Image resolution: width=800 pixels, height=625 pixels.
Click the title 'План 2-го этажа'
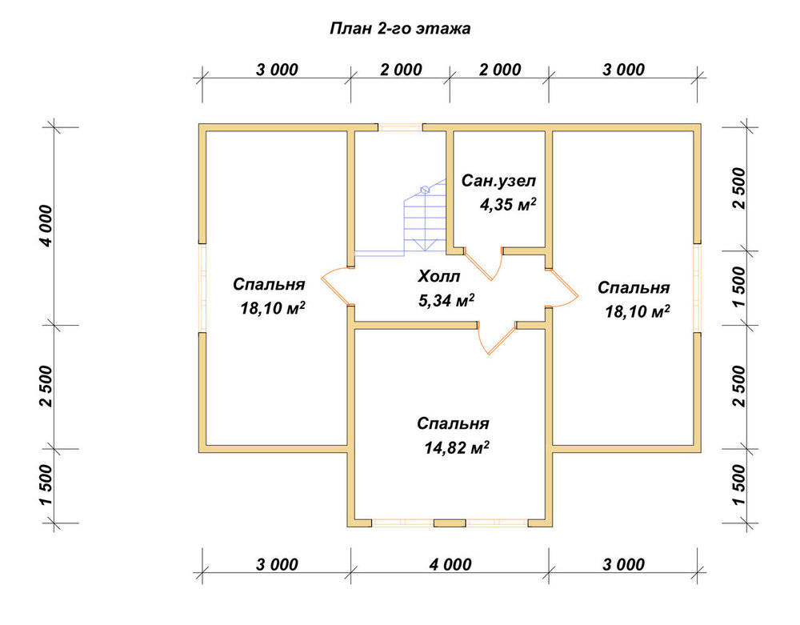(400, 29)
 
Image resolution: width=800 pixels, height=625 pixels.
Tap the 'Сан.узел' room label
(498, 181)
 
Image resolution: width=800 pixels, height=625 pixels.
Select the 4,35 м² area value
(508, 205)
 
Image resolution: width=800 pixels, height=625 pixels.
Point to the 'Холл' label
(438, 277)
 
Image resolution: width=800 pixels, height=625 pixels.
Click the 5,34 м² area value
(446, 301)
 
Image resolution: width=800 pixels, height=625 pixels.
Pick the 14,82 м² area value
(457, 447)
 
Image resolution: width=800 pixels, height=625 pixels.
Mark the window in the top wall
(401, 127)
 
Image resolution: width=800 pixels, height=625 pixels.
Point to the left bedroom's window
(202, 288)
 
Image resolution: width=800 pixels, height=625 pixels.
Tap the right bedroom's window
(697, 288)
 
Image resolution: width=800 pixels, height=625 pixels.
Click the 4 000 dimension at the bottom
(450, 564)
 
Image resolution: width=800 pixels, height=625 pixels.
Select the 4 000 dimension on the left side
(46, 226)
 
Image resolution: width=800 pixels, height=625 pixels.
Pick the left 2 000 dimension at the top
(401, 70)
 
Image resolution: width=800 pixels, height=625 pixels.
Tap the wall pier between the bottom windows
(450, 523)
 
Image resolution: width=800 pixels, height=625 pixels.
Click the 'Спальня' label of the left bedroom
(269, 284)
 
